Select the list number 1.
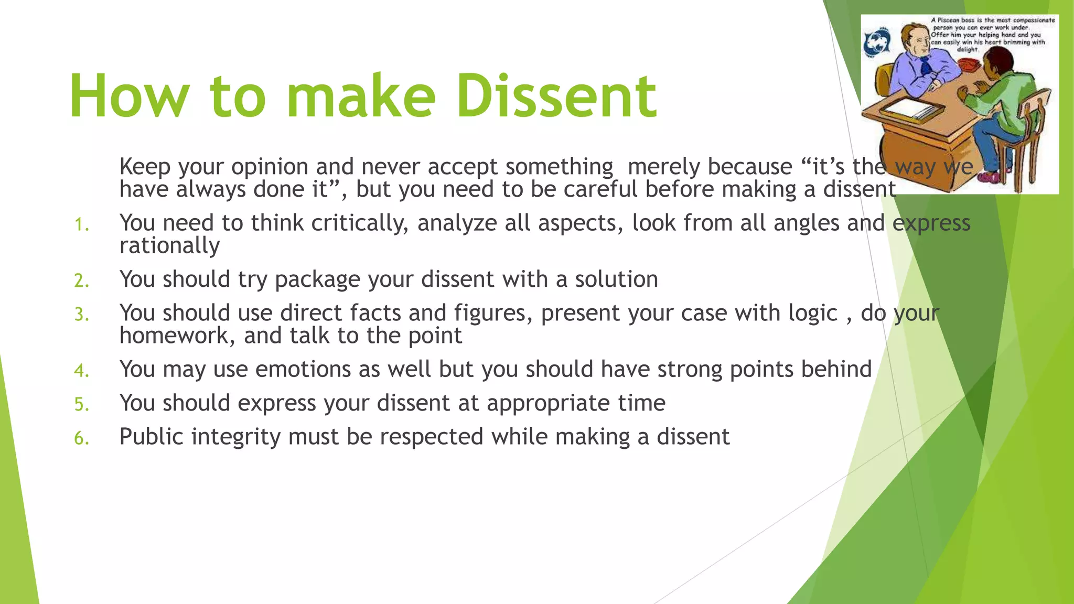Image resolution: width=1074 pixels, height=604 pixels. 81,225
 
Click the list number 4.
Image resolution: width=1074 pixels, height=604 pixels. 81,371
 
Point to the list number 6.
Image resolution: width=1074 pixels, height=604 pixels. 81,438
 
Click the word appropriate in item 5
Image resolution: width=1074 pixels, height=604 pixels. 547,403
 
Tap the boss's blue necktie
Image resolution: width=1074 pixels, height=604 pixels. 926,65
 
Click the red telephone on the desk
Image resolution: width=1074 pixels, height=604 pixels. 969,64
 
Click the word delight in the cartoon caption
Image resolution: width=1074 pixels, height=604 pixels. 968,49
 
